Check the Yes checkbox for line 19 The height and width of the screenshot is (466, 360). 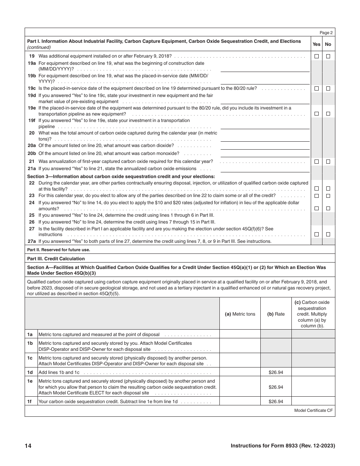(316, 56)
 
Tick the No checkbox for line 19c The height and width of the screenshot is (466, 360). (328, 88)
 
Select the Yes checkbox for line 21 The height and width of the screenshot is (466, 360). (316, 161)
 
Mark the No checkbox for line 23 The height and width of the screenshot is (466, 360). (328, 196)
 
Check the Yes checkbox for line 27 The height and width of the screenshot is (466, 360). (316, 235)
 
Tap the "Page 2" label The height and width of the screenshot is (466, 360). (326, 33)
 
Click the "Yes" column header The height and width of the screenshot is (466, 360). (316, 44)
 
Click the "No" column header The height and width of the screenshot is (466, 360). (328, 44)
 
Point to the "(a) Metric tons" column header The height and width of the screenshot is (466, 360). (240, 314)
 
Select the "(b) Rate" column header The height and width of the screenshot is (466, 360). (276, 314)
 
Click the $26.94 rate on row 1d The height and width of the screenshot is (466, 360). (276, 372)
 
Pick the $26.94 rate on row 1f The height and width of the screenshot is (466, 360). (276, 402)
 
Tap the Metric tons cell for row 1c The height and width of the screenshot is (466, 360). (240, 361)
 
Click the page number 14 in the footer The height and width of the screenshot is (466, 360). (28, 446)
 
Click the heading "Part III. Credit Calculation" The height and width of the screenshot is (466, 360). (56, 259)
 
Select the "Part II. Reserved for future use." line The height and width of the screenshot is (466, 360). (58, 250)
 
